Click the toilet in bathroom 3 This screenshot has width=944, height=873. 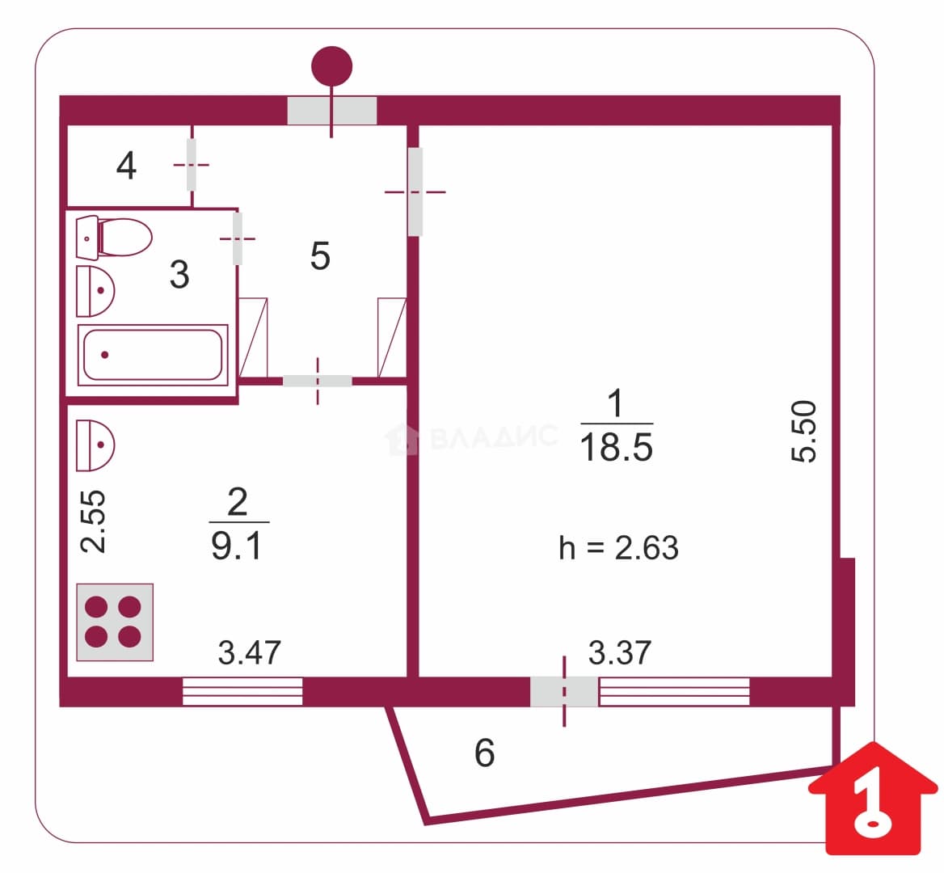pyautogui.click(x=114, y=237)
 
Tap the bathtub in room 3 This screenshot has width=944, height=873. pyautogui.click(x=153, y=355)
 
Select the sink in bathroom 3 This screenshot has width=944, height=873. pyautogui.click(x=95, y=291)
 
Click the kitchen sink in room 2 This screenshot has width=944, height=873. pyautogui.click(x=95, y=445)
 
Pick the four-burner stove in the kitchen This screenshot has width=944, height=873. pyautogui.click(x=115, y=622)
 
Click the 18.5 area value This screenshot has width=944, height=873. pyautogui.click(x=617, y=447)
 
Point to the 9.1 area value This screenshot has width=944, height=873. pyautogui.click(x=237, y=546)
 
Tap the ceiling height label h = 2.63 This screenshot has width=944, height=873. pyautogui.click(x=618, y=548)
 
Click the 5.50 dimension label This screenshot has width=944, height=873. pyautogui.click(x=804, y=431)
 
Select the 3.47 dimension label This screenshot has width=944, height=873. pyautogui.click(x=249, y=652)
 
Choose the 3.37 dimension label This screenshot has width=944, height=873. pyautogui.click(x=619, y=652)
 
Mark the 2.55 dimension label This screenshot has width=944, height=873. pyautogui.click(x=93, y=521)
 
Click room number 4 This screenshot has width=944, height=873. pyautogui.click(x=126, y=166)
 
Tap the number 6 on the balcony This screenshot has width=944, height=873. pyautogui.click(x=485, y=753)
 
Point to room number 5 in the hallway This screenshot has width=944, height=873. pyautogui.click(x=320, y=256)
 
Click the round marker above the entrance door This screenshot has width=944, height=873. pyautogui.click(x=331, y=66)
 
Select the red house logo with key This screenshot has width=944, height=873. pyautogui.click(x=873, y=798)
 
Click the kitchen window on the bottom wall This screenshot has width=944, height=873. pyautogui.click(x=242, y=691)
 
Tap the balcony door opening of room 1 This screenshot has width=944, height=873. pyautogui.click(x=564, y=692)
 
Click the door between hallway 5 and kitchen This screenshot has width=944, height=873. pyautogui.click(x=318, y=381)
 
